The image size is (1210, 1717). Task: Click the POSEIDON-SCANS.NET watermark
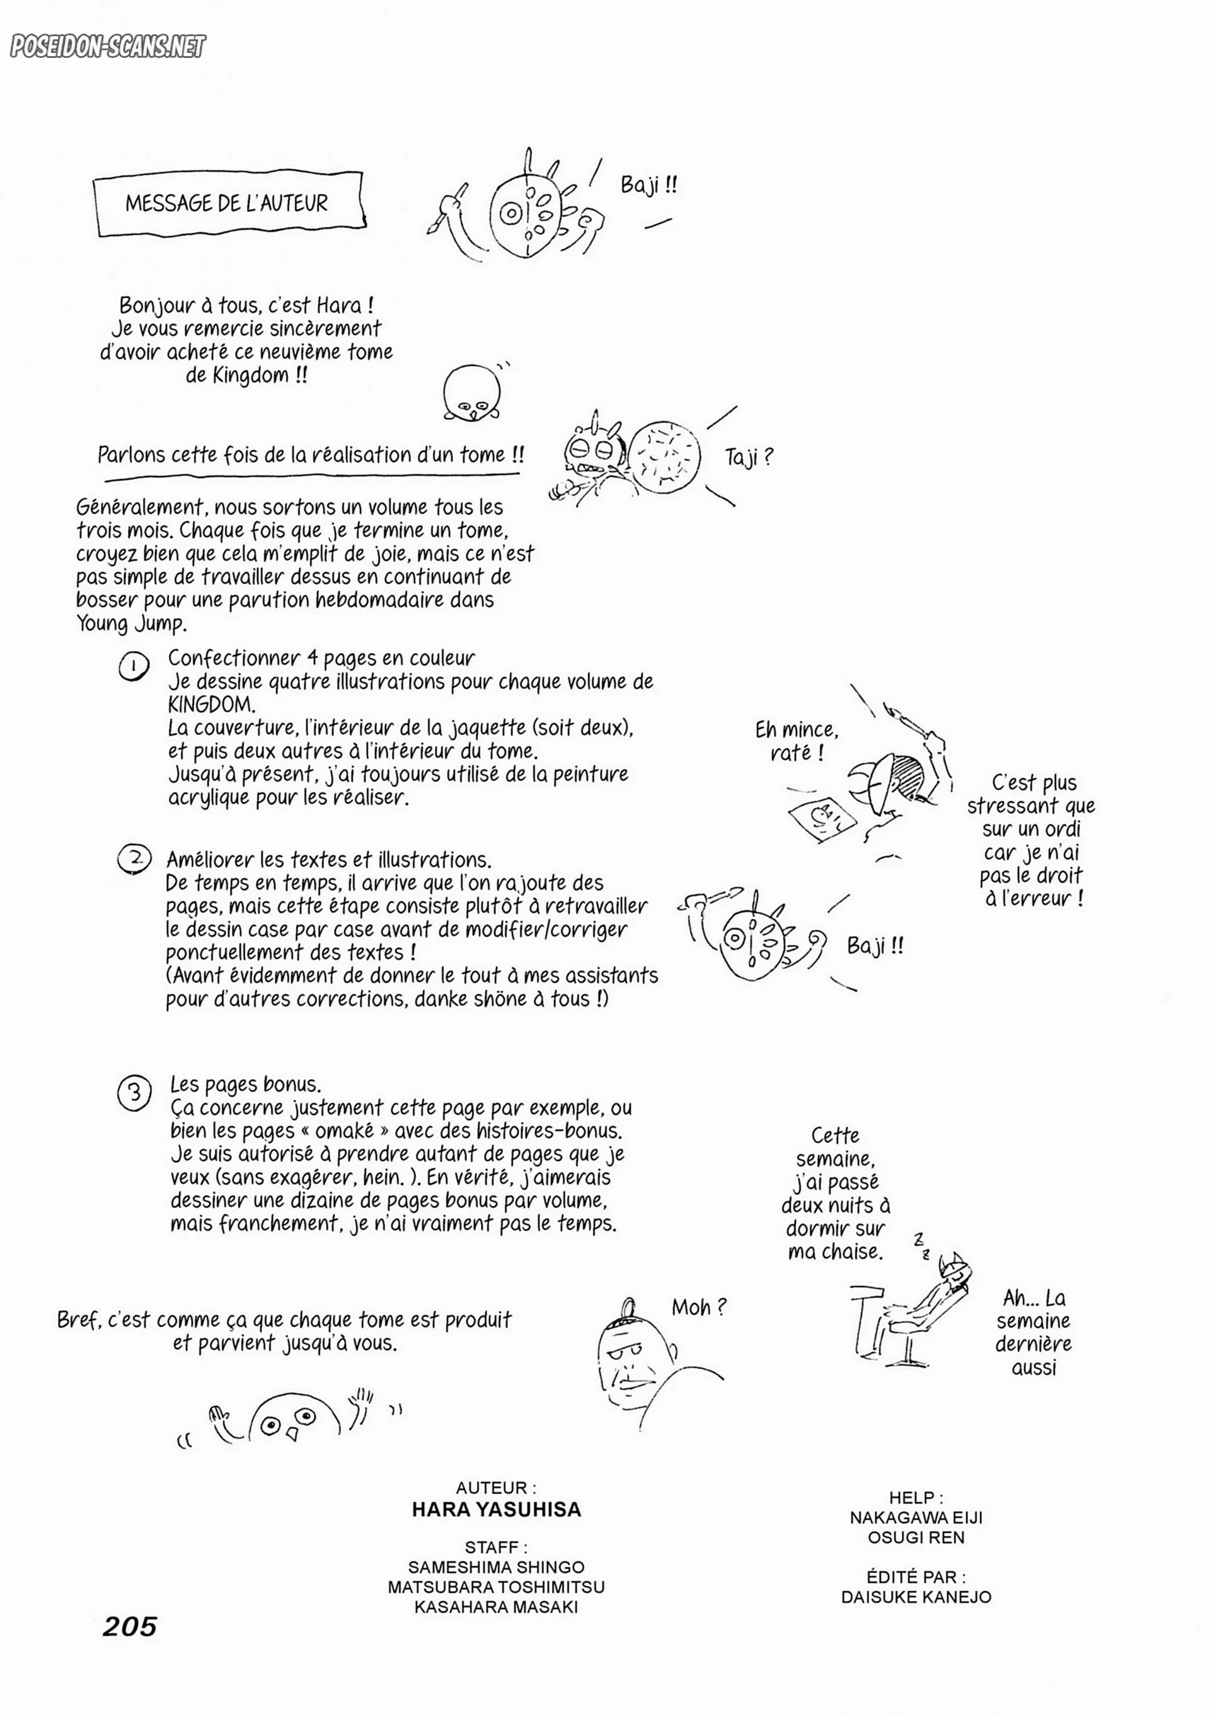click(x=107, y=47)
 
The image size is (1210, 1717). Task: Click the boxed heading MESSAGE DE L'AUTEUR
click(x=228, y=204)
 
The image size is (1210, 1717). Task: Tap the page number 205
click(x=130, y=1626)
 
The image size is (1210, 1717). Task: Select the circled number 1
click(x=134, y=666)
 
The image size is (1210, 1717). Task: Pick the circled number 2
click(x=135, y=858)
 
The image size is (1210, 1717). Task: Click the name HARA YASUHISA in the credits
click(x=497, y=1510)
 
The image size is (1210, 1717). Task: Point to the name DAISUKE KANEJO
click(x=916, y=1597)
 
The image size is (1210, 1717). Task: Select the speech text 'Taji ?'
click(x=749, y=457)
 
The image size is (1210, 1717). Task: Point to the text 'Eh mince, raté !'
click(x=797, y=741)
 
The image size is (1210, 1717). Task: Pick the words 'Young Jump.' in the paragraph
click(x=132, y=623)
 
